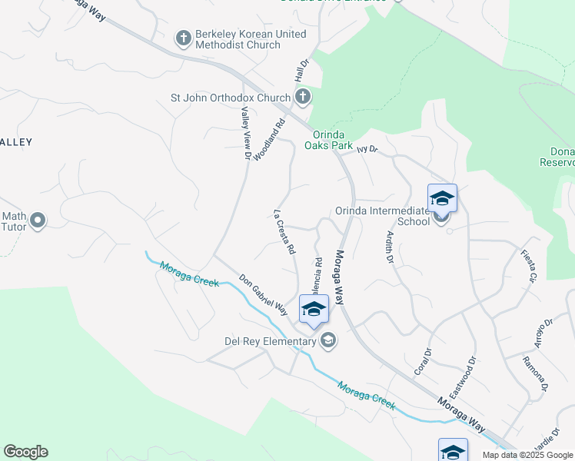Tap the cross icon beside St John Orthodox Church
pos(303,98)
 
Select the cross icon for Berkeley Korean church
pos(183,37)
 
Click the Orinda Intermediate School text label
pos(382,216)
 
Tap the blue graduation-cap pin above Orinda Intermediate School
pos(442,199)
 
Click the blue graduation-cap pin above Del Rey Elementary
pos(314,310)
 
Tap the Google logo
pos(25,452)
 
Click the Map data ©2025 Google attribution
pos(527,455)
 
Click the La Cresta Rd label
pos(284,231)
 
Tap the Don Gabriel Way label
pos(263,296)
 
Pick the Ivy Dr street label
pos(368,150)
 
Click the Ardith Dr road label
pos(390,248)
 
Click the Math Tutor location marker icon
pos(37,221)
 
